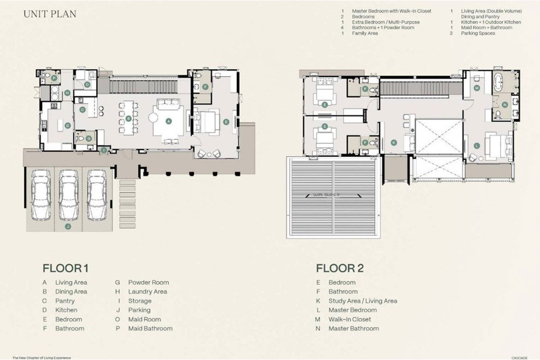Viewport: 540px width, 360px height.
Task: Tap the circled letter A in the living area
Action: [168, 121]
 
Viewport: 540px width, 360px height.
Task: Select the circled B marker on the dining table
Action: [129, 118]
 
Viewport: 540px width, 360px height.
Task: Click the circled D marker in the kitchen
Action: [67, 126]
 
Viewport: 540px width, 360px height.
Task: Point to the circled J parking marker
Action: [68, 227]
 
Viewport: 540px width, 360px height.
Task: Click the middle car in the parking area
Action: [69, 195]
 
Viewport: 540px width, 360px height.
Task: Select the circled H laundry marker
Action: [67, 93]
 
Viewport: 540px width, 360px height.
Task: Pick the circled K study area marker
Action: [393, 142]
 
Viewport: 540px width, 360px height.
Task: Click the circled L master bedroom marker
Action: [477, 146]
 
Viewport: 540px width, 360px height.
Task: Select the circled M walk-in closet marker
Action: [477, 87]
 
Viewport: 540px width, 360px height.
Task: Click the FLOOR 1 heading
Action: [65, 268]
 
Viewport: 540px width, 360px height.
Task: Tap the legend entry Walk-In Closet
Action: [350, 319]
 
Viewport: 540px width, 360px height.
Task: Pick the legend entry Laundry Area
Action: [147, 291]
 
